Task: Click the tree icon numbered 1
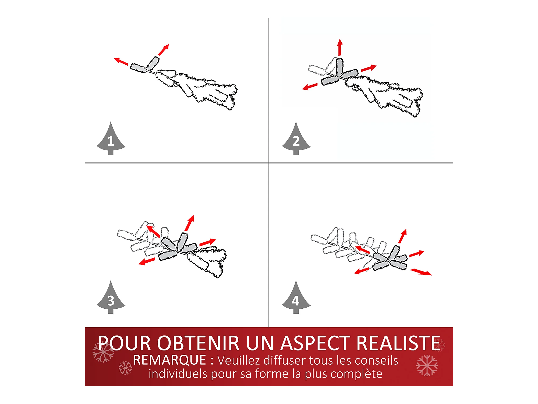pyautogui.click(x=111, y=139)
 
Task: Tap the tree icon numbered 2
pyautogui.click(x=296, y=139)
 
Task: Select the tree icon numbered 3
pyautogui.click(x=111, y=298)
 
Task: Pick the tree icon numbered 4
pyautogui.click(x=296, y=298)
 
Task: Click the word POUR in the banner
pyautogui.click(x=124, y=343)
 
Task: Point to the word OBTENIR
pyautogui.click(x=198, y=343)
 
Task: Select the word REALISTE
pyautogui.click(x=398, y=343)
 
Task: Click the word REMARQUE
pyautogui.click(x=170, y=360)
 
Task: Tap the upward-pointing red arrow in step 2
pyautogui.click(x=340, y=47)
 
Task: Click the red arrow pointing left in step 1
pyautogui.click(x=121, y=61)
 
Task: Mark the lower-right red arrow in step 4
pyautogui.click(x=421, y=272)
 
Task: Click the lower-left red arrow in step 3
pyautogui.click(x=147, y=261)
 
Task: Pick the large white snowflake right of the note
pyautogui.click(x=427, y=365)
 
